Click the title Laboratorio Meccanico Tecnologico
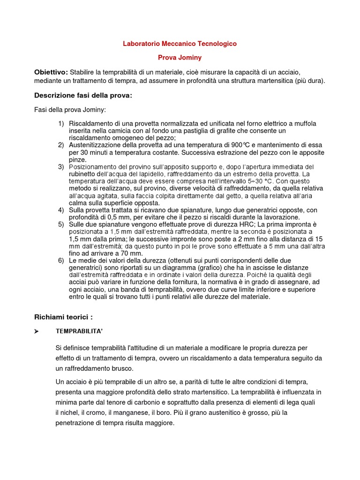(180, 44)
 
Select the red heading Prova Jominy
(180, 58)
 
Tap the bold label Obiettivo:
(51, 72)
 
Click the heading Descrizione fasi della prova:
(83, 96)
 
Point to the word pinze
(77, 159)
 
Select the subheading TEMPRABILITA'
(79, 331)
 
